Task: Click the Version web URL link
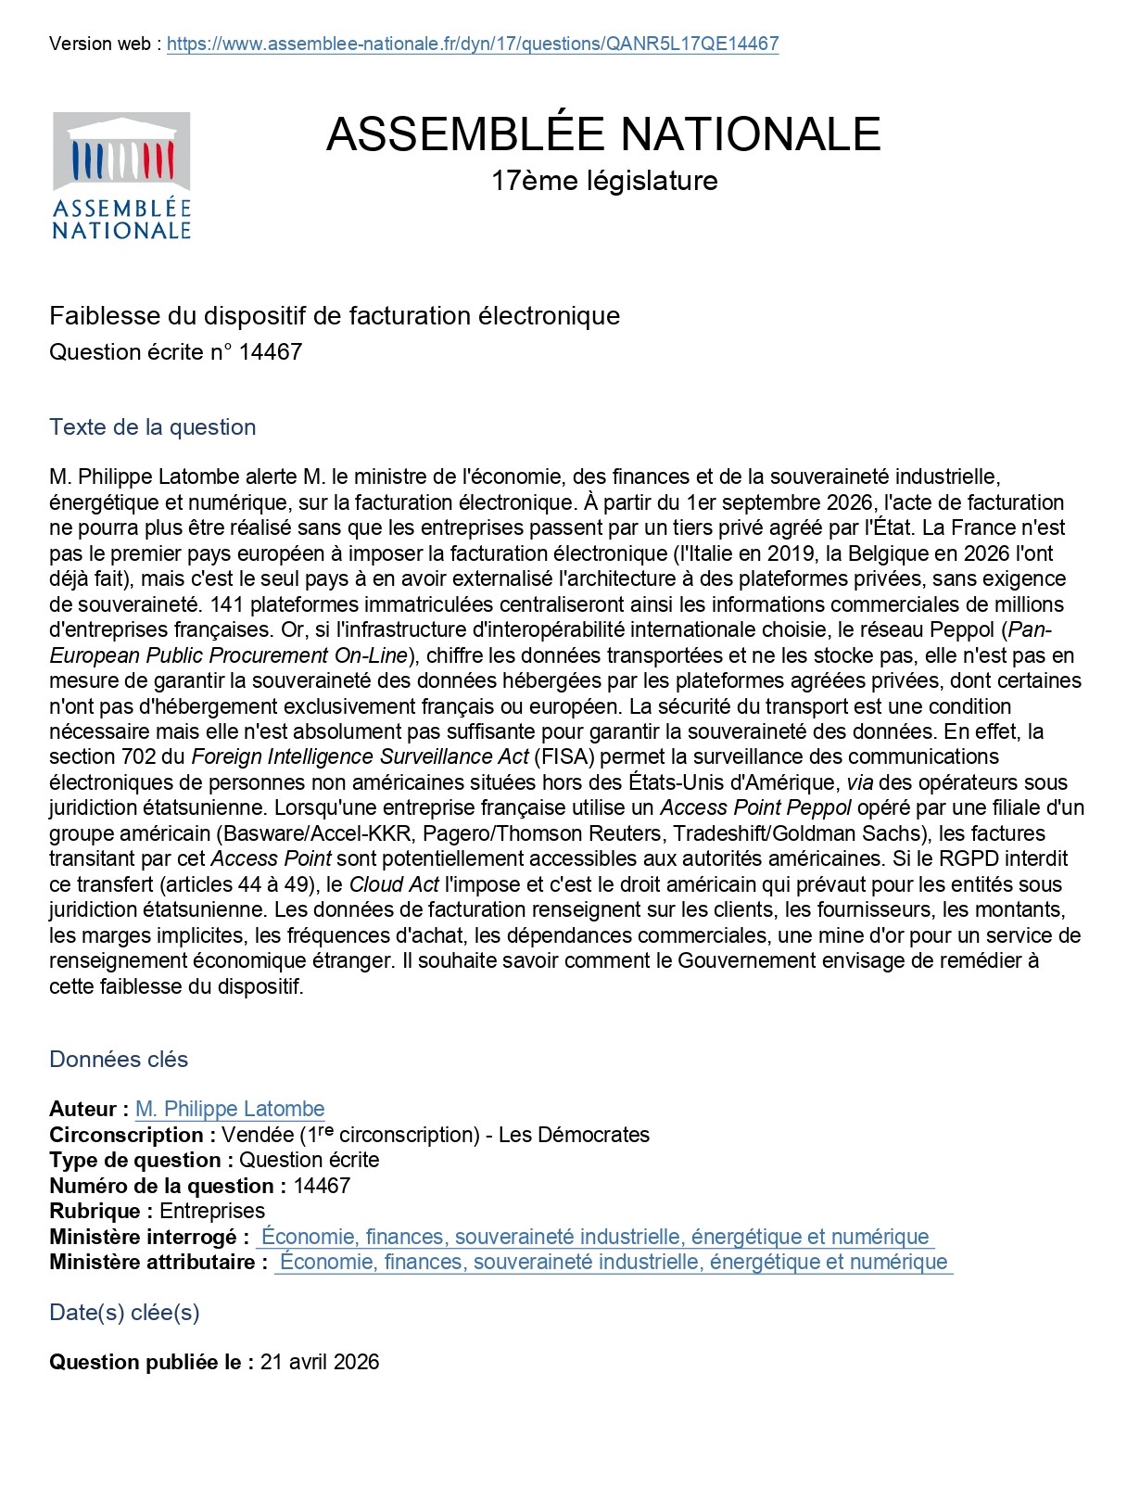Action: pos(473,44)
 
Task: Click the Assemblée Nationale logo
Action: pos(121,175)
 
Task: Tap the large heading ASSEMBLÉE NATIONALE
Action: pos(603,133)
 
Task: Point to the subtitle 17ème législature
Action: pos(604,180)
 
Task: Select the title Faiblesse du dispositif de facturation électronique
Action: pos(335,316)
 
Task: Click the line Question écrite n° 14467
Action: pos(176,352)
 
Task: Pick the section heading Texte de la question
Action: pos(153,427)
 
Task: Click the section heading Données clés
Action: pos(119,1060)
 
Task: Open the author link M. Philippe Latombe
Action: pos(230,1110)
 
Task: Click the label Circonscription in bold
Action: pos(132,1135)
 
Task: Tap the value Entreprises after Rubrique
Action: pos(212,1212)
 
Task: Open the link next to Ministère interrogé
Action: pos(595,1237)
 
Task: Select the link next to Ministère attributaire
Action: pos(614,1262)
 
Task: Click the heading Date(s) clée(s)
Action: pos(124,1313)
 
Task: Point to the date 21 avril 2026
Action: pos(320,1362)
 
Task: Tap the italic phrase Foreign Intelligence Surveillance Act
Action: pos(360,757)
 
